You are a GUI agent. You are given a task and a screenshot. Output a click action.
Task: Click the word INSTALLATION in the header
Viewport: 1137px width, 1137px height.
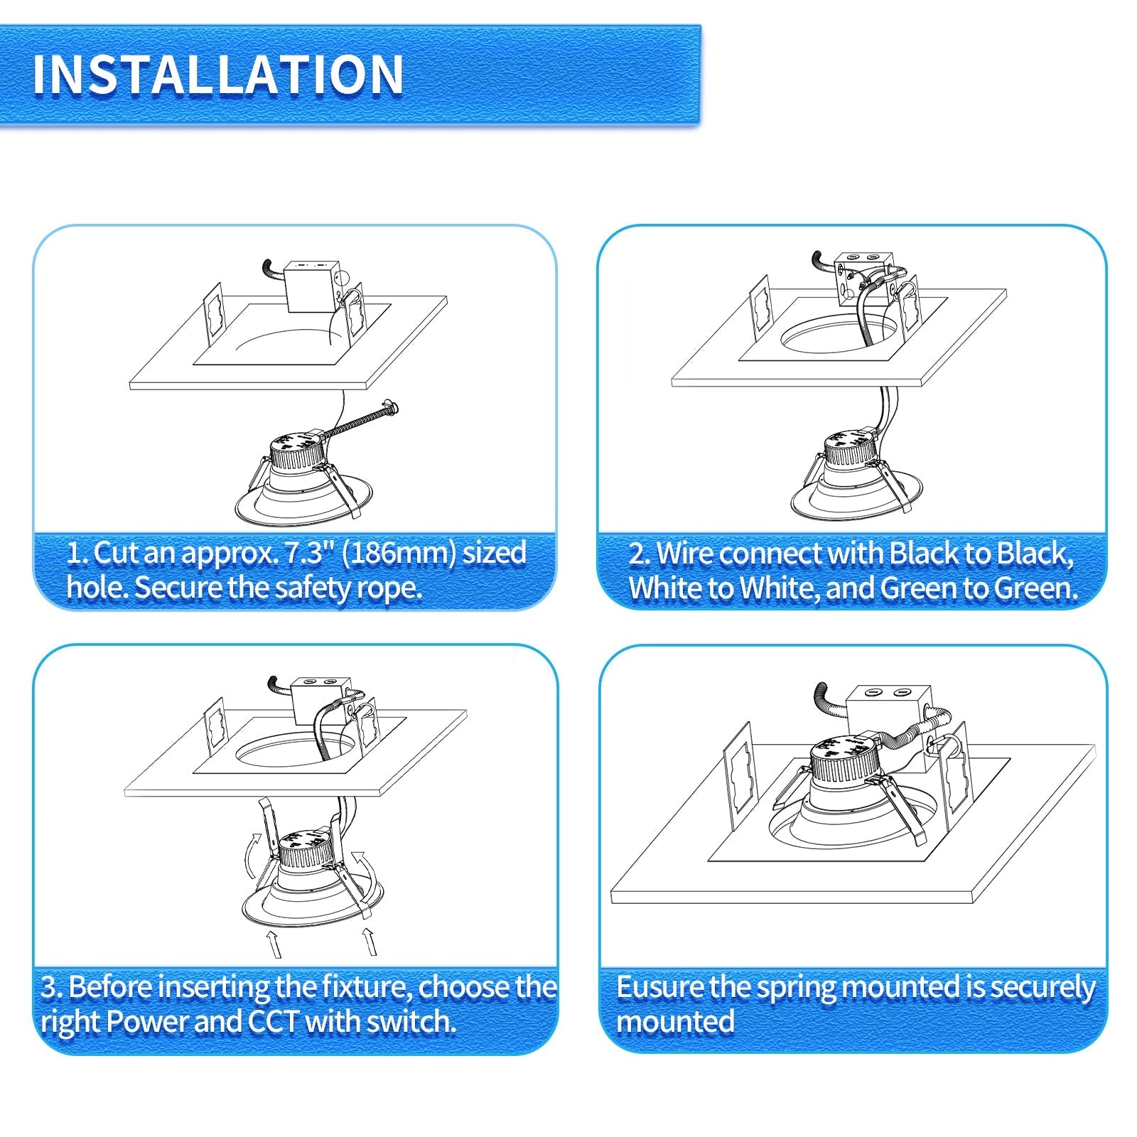click(x=218, y=75)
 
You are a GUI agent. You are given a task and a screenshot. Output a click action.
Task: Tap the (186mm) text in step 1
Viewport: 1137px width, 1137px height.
click(x=399, y=553)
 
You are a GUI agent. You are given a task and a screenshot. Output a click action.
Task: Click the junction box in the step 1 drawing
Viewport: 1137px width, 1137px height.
click(x=310, y=286)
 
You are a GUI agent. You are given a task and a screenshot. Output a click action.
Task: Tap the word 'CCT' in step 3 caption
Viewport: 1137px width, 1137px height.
click(x=273, y=1022)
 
